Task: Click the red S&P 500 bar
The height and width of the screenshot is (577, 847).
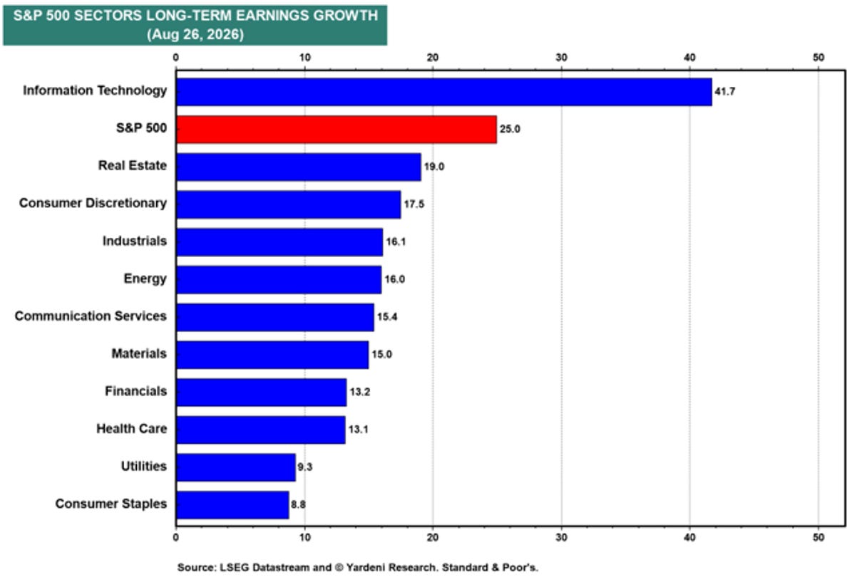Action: click(x=337, y=129)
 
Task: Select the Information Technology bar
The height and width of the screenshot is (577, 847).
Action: click(x=444, y=92)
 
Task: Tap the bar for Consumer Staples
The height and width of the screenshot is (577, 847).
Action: click(x=233, y=504)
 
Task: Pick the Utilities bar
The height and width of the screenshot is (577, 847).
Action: click(x=236, y=467)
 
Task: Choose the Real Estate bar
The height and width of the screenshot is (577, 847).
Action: click(x=299, y=167)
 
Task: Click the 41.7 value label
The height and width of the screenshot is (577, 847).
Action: click(x=725, y=92)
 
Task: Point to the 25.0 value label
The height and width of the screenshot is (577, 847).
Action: click(x=510, y=129)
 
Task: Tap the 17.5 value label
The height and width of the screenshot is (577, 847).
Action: click(x=414, y=204)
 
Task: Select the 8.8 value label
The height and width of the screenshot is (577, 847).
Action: click(x=298, y=504)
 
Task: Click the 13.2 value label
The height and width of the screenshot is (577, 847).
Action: click(x=360, y=392)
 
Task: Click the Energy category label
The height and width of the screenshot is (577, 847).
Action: click(x=145, y=279)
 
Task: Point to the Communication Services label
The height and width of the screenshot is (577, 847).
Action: click(x=91, y=316)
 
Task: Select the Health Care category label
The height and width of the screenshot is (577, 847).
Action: click(x=132, y=429)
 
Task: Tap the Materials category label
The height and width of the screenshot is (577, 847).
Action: click(x=139, y=354)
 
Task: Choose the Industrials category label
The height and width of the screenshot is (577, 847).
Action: click(x=135, y=241)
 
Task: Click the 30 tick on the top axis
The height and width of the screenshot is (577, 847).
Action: click(x=562, y=58)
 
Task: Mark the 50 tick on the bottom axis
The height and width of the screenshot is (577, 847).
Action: click(x=818, y=538)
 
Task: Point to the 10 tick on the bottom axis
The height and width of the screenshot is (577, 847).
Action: click(x=304, y=538)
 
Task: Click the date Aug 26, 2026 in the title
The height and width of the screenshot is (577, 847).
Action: click(x=195, y=34)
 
